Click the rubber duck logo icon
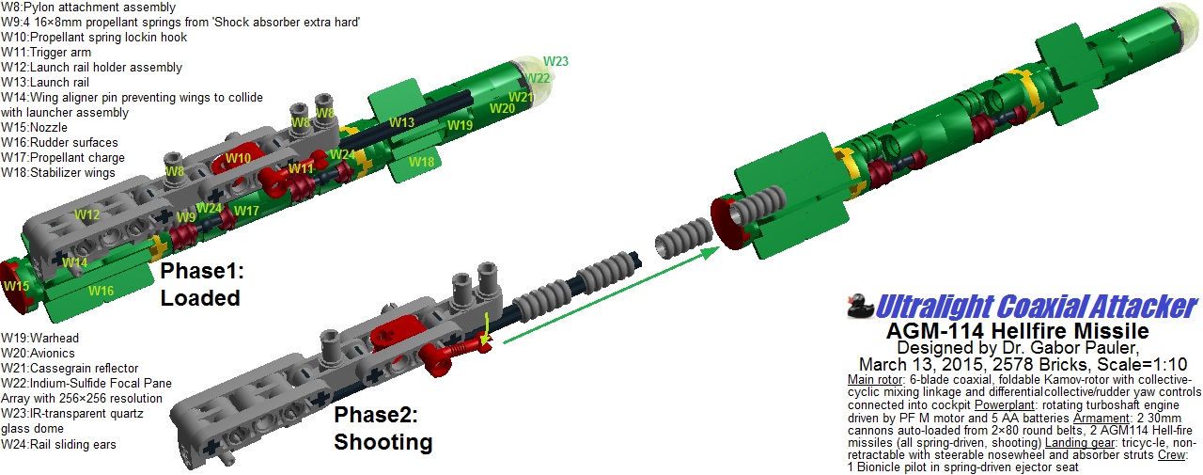860,306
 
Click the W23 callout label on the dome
555,61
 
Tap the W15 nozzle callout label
16,286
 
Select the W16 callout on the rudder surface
101,291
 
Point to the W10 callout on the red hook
239,158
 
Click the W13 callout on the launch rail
401,122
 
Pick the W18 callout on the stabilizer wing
421,162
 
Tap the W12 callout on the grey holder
87,215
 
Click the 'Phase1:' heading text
202,271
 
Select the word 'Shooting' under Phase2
383,442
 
